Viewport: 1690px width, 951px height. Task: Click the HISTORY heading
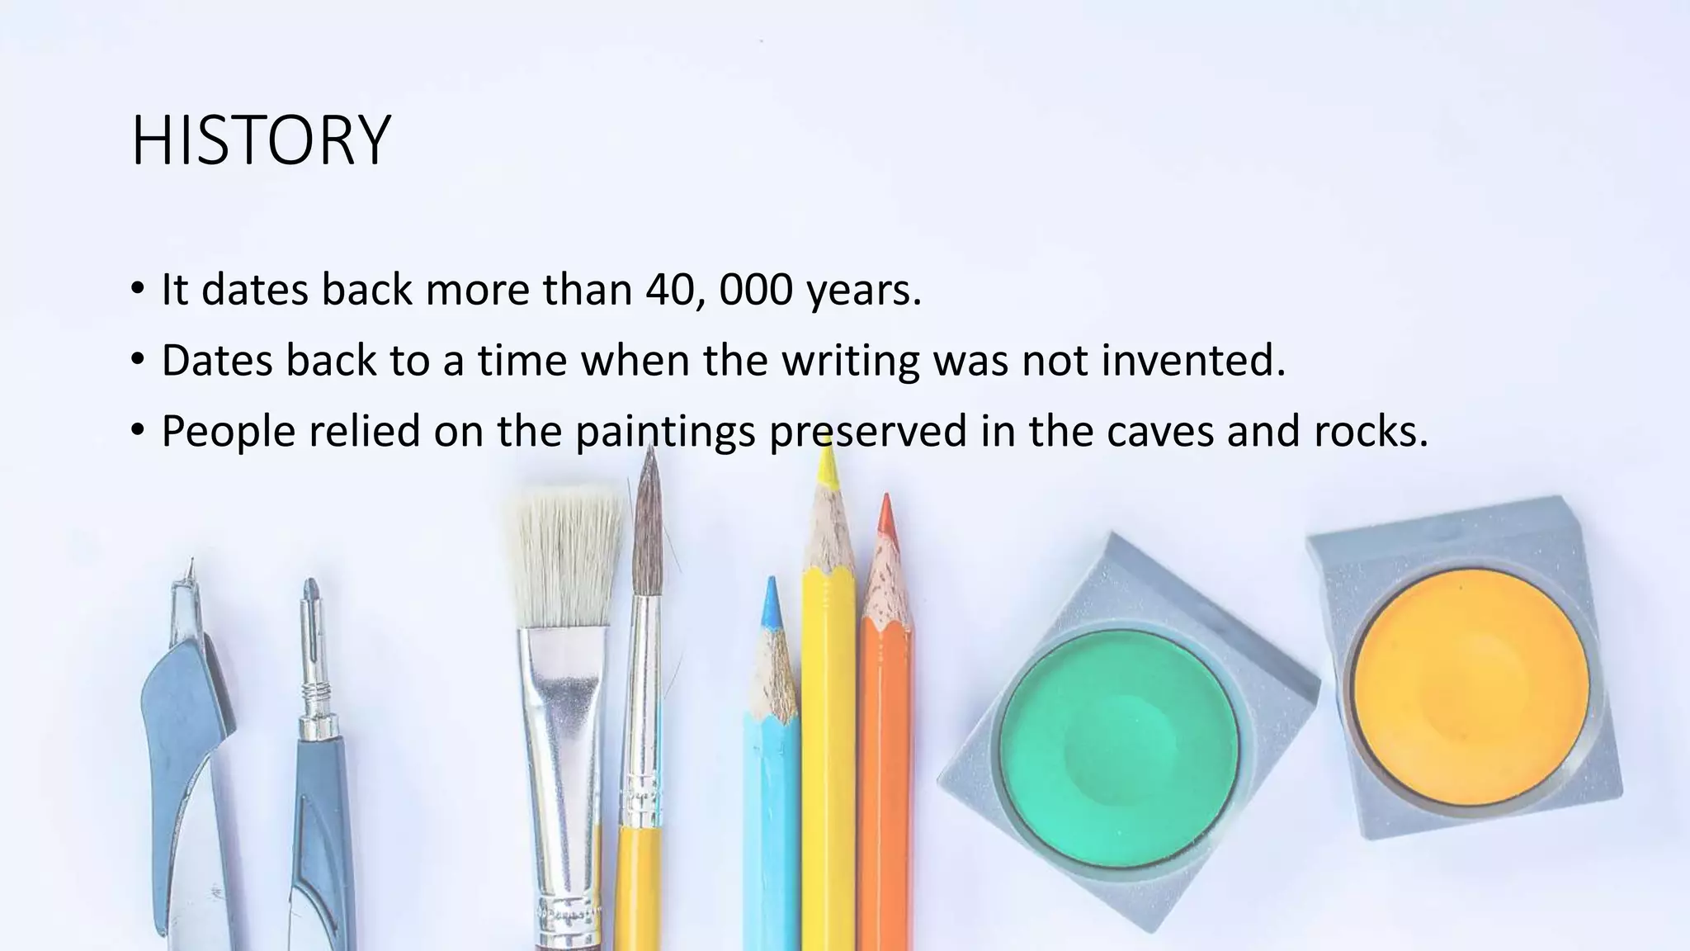pyautogui.click(x=261, y=140)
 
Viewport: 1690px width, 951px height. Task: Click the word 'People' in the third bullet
pyautogui.click(x=228, y=432)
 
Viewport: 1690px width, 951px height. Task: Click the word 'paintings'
pyautogui.click(x=664, y=432)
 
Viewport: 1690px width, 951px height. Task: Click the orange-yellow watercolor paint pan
pyautogui.click(x=1471, y=688)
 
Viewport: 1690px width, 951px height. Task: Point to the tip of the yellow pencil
pyautogui.click(x=826, y=466)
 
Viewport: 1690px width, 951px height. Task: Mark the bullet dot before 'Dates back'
pyautogui.click(x=137, y=360)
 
